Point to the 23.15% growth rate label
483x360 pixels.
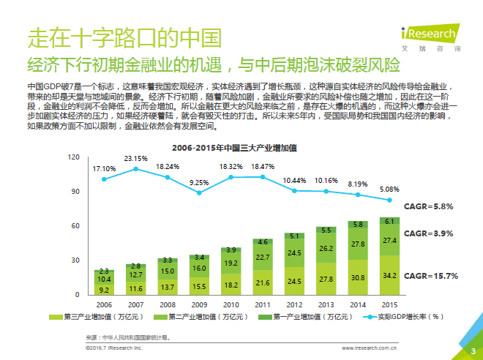135,159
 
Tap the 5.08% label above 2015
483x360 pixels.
389,190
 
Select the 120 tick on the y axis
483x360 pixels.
73,157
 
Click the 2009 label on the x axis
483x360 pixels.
199,304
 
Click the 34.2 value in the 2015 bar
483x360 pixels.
389,275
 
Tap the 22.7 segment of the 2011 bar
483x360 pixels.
262,257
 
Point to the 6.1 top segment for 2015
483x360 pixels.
389,221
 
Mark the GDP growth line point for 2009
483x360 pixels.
199,193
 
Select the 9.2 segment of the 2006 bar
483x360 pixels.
104,290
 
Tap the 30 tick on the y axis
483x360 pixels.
75,260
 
